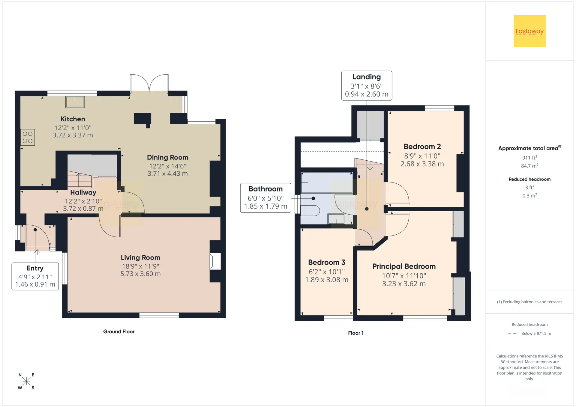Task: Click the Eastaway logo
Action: pos(529,31)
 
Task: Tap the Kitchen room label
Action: pos(73,119)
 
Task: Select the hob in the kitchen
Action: pos(28,137)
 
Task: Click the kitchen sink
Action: pos(75,102)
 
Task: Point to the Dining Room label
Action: pos(168,157)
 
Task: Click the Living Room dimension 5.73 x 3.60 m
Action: pos(141,274)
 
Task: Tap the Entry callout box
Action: pos(35,276)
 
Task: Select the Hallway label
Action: pos(83,192)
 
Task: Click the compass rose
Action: pos(26,381)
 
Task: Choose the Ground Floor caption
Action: pos(119,331)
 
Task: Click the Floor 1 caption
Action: pos(356,333)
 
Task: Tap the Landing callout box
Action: pos(367,85)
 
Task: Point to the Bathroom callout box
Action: pos(265,198)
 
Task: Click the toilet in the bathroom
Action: pos(310,210)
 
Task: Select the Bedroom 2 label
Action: pos(422,147)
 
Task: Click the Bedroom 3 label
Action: pos(327,262)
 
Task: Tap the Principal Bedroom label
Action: pos(404,266)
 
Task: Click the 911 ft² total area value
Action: pos(529,158)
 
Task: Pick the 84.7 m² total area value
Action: pos(529,166)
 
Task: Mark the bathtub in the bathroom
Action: pos(327,183)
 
